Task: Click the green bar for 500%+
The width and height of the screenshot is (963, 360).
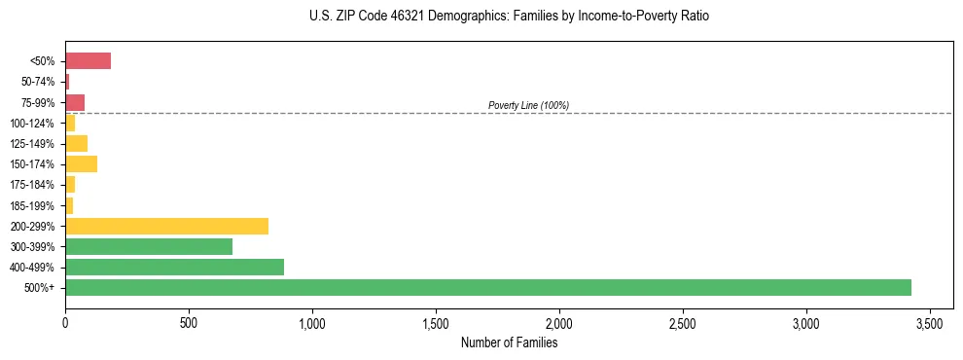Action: point(487,287)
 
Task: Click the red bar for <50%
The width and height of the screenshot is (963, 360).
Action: point(88,61)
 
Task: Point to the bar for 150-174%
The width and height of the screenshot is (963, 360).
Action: point(81,163)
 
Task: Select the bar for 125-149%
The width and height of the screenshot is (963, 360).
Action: point(76,143)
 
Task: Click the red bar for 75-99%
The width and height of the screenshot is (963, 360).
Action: point(75,102)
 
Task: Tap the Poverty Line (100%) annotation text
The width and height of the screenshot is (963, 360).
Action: point(528,105)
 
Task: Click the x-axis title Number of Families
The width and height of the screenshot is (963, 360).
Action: point(509,342)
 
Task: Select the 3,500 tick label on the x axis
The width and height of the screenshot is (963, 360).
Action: point(930,322)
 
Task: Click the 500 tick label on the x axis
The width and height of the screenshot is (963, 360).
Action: point(189,322)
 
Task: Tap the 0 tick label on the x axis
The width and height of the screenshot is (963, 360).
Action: point(65,322)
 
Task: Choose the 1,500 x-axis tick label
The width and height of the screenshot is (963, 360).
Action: point(436,322)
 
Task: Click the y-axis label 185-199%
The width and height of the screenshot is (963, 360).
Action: point(33,205)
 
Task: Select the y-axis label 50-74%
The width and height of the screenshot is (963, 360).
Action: point(37,82)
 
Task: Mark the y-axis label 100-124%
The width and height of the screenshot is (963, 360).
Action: point(33,124)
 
